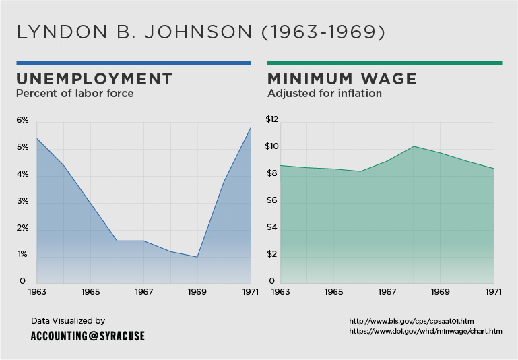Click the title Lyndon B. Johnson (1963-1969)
tap(201, 32)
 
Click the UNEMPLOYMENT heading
tap(94, 78)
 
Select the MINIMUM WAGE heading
tap(342, 78)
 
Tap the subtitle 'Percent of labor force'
tap(75, 93)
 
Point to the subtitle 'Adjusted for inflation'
tap(325, 93)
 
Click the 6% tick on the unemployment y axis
tap(22, 120)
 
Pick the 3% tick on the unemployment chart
tap(22, 201)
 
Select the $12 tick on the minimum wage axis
tap(271, 120)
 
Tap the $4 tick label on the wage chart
tap(271, 228)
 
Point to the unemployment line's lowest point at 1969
tap(197, 257)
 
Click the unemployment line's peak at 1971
tap(251, 127)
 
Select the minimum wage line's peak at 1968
tap(414, 146)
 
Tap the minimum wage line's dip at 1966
tap(360, 171)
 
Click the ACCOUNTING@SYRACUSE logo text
tap(88, 336)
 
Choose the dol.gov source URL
tap(425, 331)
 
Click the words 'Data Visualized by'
tap(68, 321)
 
